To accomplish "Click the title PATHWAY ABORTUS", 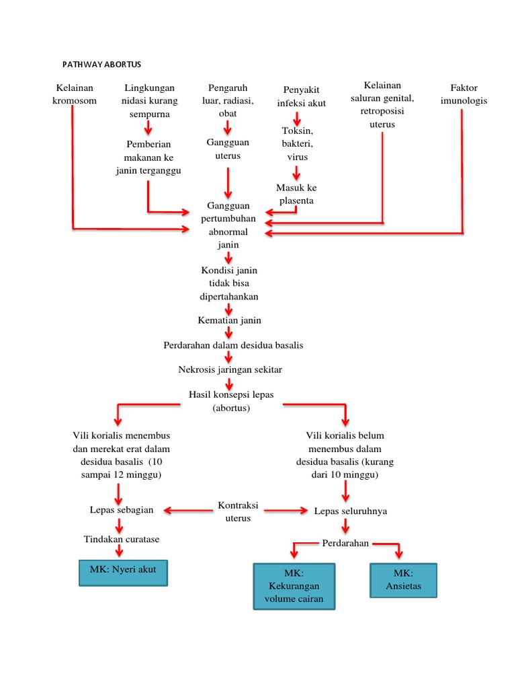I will (102, 64).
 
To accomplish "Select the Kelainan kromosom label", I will (75, 94).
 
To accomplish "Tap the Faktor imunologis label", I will (464, 94).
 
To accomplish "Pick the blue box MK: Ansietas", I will (403, 580).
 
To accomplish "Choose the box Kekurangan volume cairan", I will (294, 586).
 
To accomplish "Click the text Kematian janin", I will (229, 320).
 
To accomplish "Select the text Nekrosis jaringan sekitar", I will (230, 369).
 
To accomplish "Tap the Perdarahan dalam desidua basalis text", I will (233, 345).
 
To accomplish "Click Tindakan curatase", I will (122, 539).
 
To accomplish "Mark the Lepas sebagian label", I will (122, 509).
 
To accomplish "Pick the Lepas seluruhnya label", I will (350, 511).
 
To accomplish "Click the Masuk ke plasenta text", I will (296, 194).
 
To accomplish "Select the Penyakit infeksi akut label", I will (302, 96).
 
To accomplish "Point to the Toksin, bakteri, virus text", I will (297, 143).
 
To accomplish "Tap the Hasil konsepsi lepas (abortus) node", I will (231, 401).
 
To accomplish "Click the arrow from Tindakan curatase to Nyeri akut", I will (120, 550).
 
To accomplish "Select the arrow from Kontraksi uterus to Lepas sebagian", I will (185, 511).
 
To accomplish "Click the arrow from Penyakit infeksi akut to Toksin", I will (297, 119).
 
